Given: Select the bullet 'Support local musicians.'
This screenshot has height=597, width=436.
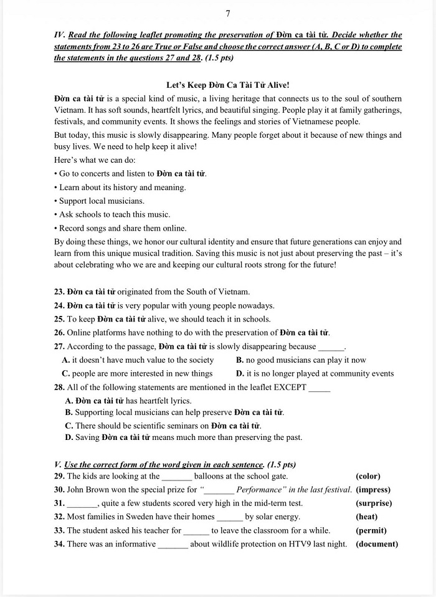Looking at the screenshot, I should (x=102, y=201).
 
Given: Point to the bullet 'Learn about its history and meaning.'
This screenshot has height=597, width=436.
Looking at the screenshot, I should (x=122, y=187).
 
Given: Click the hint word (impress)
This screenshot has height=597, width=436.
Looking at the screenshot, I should (x=373, y=490).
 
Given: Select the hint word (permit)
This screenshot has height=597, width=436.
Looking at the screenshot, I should (x=371, y=530).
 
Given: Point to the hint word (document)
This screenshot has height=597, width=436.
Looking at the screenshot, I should (x=377, y=544).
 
